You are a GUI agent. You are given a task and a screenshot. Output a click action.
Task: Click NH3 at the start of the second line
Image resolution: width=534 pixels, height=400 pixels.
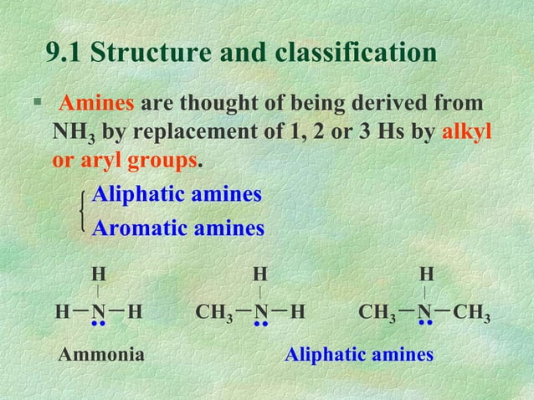[x=74, y=133]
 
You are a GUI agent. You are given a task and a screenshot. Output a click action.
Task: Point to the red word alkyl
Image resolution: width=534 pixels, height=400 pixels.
[x=466, y=132]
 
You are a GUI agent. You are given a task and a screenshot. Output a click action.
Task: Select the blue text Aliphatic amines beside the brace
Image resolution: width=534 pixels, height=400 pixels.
[x=177, y=195]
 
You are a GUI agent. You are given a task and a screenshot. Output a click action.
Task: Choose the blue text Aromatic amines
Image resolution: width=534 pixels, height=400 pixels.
[x=177, y=227]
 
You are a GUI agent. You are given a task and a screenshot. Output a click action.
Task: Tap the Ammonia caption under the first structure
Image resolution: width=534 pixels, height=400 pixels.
[x=100, y=355]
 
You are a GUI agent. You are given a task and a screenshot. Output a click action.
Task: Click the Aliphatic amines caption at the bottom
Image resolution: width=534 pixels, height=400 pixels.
[x=359, y=355]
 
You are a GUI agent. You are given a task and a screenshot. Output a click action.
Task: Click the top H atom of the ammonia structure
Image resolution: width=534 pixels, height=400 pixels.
[x=98, y=274]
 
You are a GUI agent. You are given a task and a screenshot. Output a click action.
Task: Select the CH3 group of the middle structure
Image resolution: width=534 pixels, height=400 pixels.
[x=213, y=314]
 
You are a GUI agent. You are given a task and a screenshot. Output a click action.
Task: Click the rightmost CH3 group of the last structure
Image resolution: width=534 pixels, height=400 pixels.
[x=473, y=314]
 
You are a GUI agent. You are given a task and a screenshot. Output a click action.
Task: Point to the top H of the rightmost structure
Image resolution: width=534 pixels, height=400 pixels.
[x=427, y=274]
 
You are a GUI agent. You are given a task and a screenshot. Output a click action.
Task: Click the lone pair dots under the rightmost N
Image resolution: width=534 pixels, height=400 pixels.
[x=426, y=324]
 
